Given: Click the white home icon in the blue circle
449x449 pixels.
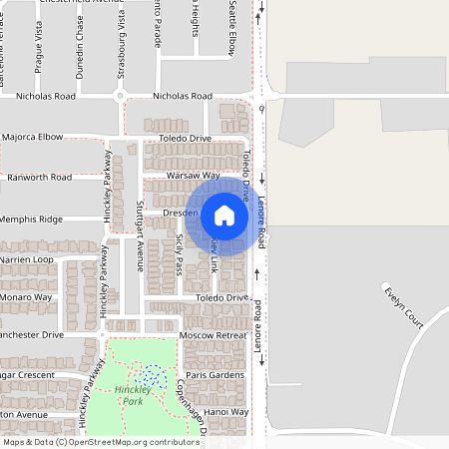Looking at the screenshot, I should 224,215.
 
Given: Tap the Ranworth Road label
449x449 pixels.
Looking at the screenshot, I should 39,177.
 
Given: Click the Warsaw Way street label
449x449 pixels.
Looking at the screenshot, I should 194,175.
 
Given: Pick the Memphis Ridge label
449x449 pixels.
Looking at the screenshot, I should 31,219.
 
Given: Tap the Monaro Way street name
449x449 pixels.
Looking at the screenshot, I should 26,297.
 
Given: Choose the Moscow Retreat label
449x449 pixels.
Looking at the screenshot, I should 211,335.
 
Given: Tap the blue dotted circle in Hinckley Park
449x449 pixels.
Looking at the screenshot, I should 153,375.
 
